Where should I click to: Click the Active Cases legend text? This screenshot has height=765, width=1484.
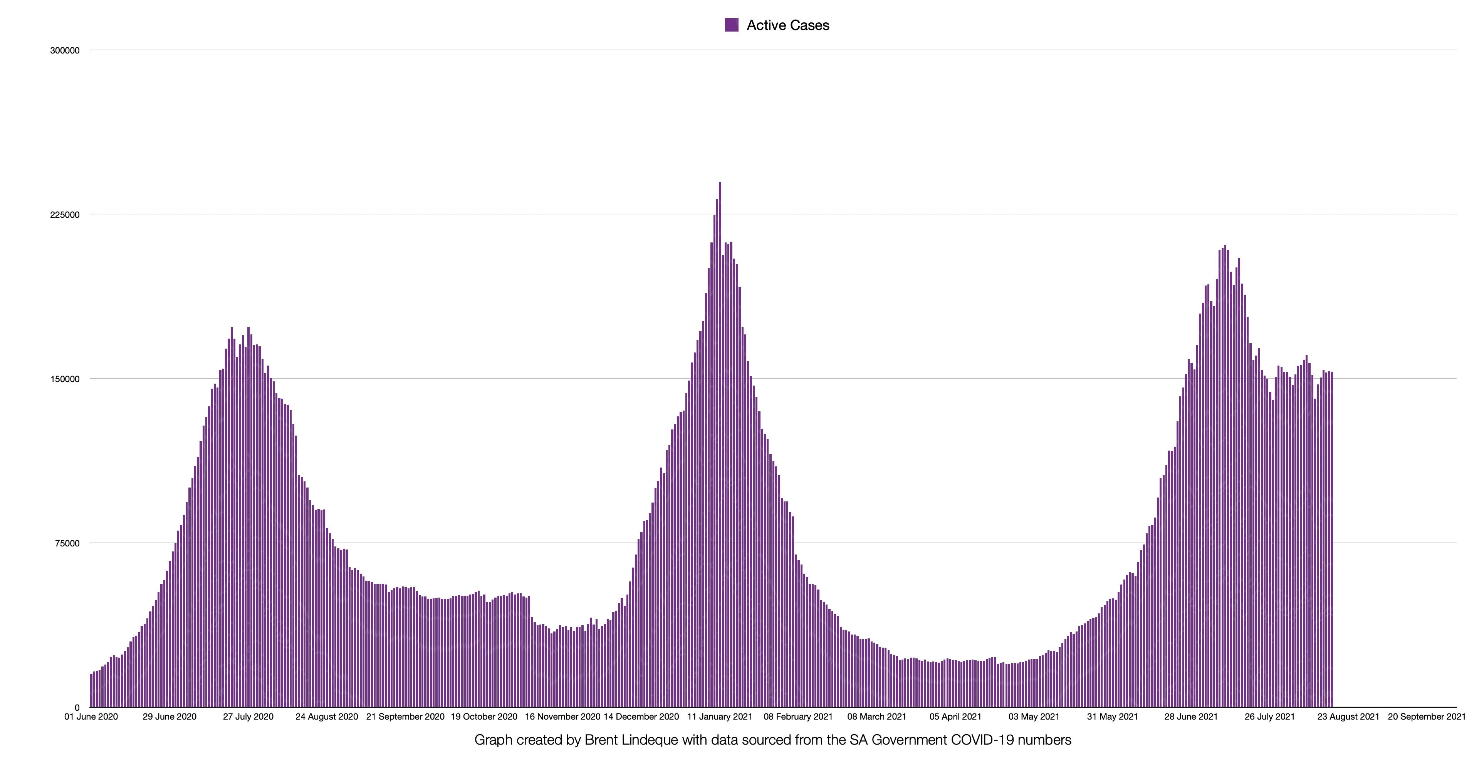click(787, 25)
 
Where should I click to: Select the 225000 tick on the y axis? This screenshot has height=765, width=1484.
click(64, 215)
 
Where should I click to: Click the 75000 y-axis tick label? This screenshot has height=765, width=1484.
click(67, 543)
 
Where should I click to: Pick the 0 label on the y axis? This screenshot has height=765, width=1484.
click(77, 707)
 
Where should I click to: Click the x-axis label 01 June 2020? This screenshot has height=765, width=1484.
click(91, 717)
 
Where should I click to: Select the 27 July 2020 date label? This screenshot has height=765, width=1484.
click(248, 717)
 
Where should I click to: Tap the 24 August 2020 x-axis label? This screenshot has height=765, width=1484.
click(327, 717)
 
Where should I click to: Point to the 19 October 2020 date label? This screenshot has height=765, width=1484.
click(484, 717)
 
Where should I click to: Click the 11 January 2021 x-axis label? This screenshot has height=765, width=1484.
click(720, 717)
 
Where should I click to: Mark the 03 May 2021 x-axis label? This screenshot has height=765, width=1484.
click(1034, 717)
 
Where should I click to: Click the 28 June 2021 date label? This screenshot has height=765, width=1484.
click(1191, 717)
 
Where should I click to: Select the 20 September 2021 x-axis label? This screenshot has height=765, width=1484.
click(1426, 717)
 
